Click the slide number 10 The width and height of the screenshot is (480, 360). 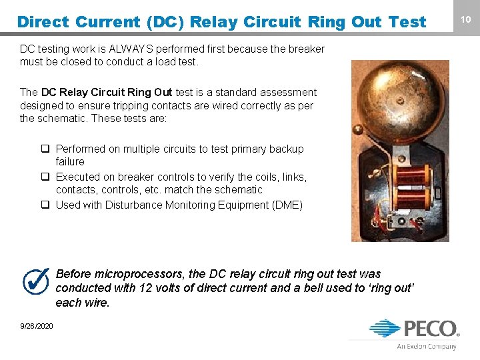pyautogui.click(x=466, y=20)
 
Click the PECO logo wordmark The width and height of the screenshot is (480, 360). pyautogui.click(x=429, y=329)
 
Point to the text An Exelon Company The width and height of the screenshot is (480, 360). pyautogui.click(x=427, y=346)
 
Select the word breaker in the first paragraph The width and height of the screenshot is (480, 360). pyautogui.click(x=305, y=49)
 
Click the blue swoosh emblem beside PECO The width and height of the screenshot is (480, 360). pyautogui.click(x=385, y=329)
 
